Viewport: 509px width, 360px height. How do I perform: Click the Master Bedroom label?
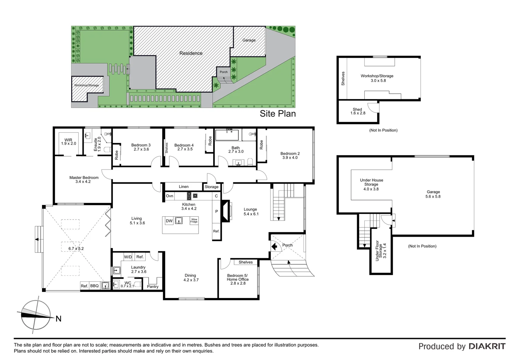click(84, 178)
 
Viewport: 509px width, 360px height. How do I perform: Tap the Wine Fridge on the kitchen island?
click(194, 221)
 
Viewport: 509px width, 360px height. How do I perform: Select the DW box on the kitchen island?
click(169, 221)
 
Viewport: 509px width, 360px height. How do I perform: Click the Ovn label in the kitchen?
click(170, 196)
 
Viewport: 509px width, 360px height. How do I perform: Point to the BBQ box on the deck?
click(95, 286)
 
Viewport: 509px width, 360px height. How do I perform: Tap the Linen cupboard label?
click(184, 187)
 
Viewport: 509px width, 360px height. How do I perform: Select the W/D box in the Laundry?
click(128, 257)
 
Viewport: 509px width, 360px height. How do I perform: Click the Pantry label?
click(153, 286)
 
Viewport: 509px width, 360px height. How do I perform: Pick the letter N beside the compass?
click(59, 319)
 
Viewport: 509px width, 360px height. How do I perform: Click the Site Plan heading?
click(277, 114)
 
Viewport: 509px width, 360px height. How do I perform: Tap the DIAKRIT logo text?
click(487, 346)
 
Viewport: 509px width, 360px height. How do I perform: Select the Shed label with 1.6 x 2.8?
click(357, 109)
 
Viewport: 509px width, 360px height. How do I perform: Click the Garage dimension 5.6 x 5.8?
click(433, 196)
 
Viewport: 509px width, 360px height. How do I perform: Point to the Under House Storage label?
click(371, 182)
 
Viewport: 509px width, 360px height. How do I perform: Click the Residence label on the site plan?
click(191, 53)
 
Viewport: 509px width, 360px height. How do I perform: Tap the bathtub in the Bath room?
click(227, 135)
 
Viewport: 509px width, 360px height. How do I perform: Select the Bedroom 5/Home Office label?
click(238, 277)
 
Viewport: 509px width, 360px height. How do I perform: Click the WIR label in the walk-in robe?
click(68, 140)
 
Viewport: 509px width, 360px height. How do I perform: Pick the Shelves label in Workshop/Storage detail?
click(343, 79)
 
